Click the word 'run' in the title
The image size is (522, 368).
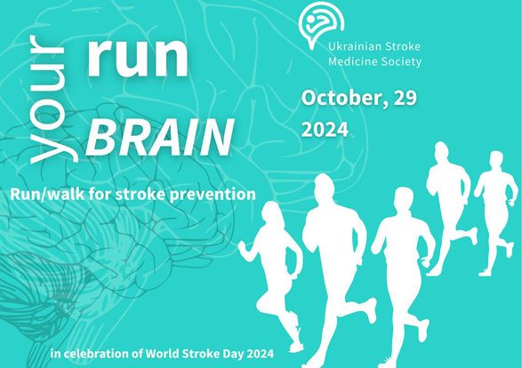(138, 58)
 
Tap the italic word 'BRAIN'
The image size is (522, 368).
(160, 138)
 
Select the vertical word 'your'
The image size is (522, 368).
(50, 100)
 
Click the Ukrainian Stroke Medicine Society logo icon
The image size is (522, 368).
(321, 25)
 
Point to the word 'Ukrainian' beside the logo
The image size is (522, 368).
(354, 46)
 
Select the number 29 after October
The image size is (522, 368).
(406, 98)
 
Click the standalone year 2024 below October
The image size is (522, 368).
(325, 130)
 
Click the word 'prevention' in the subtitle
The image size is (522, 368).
(213, 195)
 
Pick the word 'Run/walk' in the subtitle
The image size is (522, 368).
(47, 194)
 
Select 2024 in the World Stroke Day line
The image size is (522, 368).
(261, 354)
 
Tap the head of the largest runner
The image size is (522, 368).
(324, 188)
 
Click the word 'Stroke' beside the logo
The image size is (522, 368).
(403, 46)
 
